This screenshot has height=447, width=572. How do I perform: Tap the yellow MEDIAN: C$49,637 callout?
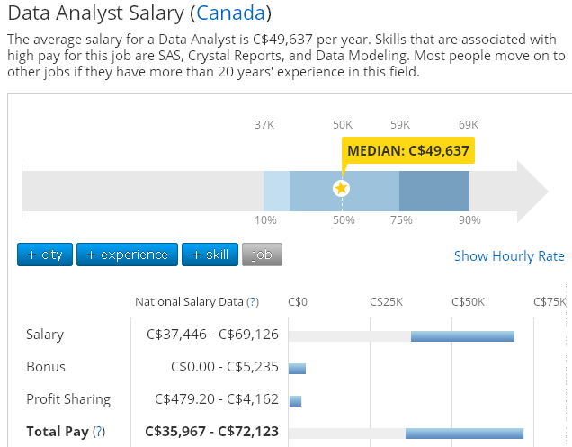coord(408,150)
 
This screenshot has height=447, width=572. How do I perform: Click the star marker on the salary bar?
coord(341,188)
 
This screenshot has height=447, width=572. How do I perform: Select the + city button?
coord(45,255)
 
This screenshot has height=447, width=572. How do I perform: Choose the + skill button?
coord(211,255)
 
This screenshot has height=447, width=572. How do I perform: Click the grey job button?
coord(262,255)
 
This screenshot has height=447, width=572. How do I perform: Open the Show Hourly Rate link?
coord(509,256)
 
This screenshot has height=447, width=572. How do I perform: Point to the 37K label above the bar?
coord(264,124)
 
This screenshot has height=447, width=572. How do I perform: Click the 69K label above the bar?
coord(469,124)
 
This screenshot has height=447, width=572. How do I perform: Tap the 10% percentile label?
coord(265,220)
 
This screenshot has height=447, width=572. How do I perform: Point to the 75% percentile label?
coord(401,220)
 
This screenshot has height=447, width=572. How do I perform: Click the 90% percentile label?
coord(469,220)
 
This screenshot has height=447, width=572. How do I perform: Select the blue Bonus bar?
coord(297,368)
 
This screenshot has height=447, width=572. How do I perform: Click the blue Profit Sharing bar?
coord(295,400)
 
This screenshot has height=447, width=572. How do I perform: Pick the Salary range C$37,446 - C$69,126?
coord(212,335)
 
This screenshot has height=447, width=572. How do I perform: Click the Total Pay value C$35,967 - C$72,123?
coord(212,432)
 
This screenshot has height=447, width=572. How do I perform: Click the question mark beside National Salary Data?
coord(253,302)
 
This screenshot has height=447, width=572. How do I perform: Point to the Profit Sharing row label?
coord(68,399)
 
